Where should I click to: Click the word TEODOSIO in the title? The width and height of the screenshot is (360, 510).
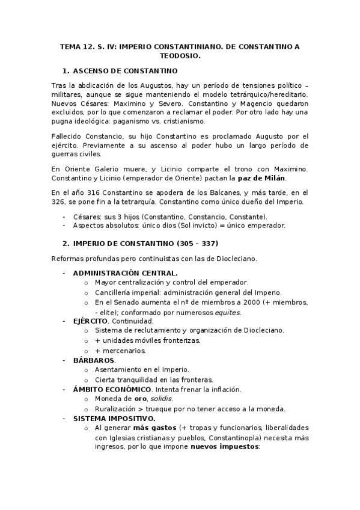point(180,56)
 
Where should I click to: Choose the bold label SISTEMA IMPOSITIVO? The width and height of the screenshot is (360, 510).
point(114,418)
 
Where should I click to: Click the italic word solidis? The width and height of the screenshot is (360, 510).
point(160,399)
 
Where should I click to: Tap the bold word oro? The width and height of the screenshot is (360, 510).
point(140,399)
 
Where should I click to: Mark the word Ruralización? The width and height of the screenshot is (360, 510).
point(117,408)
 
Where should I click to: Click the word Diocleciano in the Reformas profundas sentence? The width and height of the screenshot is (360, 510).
point(234,258)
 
